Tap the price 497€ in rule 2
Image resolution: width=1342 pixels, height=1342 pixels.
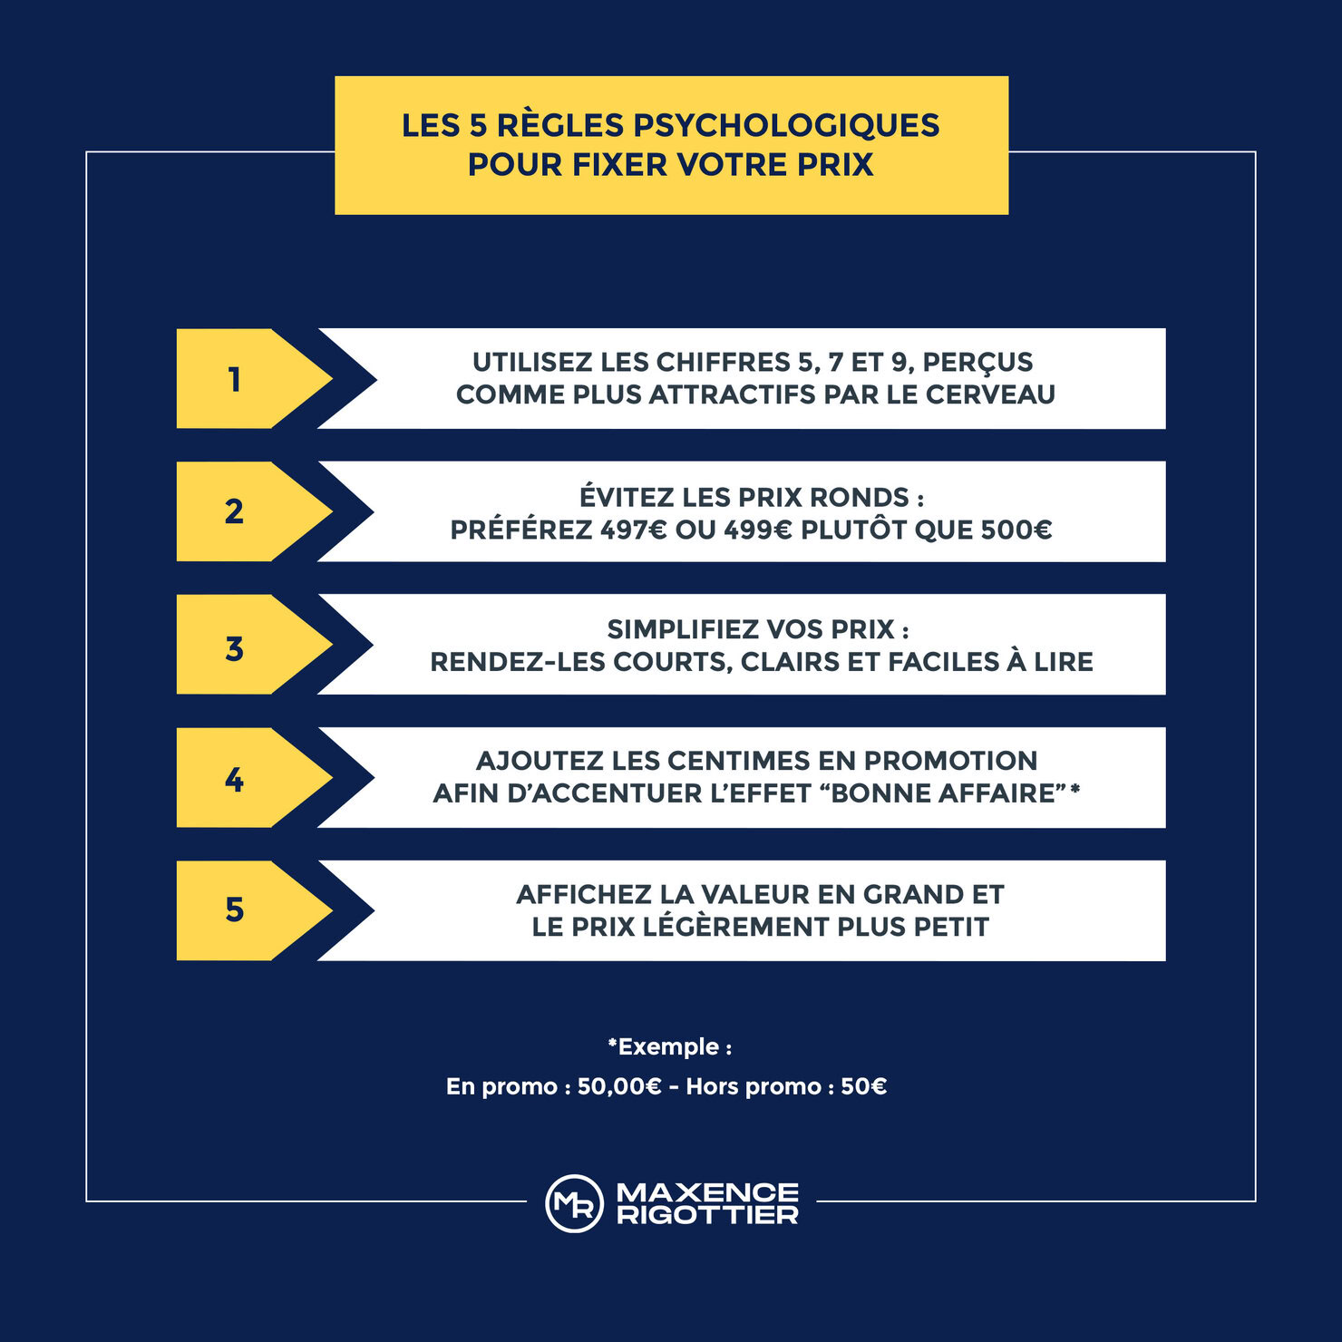pos(633,530)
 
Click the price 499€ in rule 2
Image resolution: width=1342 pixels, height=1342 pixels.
pos(758,530)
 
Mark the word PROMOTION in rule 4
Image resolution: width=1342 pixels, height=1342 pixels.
pos(950,761)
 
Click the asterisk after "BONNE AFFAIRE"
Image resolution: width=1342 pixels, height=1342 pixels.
pos(1075,790)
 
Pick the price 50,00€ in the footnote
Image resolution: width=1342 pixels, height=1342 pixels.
pos(619,1086)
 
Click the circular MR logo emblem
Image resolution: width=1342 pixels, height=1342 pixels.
pos(574,1204)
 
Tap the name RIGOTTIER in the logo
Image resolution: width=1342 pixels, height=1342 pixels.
pos(708,1215)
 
